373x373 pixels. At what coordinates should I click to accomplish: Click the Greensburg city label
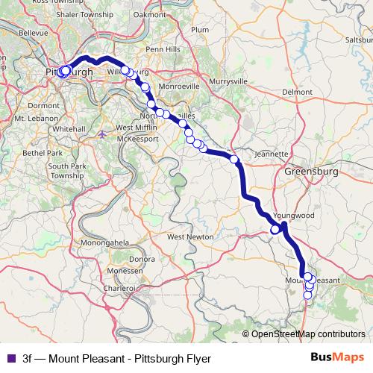311,172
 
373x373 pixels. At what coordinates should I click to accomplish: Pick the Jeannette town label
271,154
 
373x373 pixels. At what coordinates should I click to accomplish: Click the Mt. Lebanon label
31,118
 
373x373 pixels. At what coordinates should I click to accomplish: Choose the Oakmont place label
149,13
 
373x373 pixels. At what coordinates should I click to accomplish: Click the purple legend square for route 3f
10,357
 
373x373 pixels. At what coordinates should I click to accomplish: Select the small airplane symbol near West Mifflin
102,134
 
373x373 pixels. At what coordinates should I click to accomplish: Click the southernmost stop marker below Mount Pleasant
307,295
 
